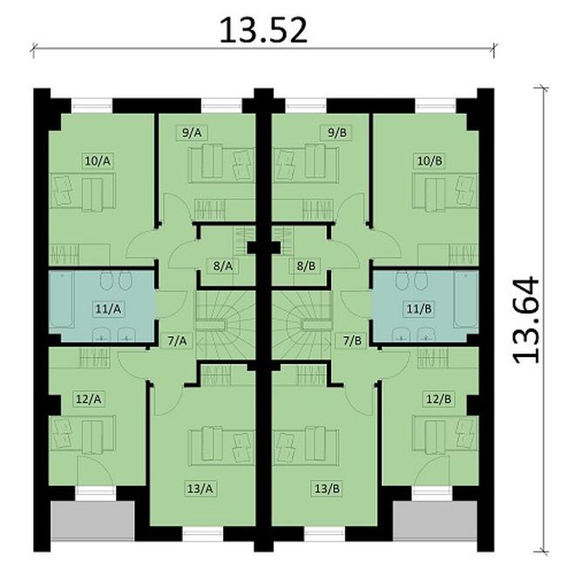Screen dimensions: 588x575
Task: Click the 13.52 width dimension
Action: (x=262, y=30)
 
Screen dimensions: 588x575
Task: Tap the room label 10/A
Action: (x=98, y=161)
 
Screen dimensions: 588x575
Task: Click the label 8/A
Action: (x=224, y=265)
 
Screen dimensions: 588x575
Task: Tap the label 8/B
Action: (x=305, y=265)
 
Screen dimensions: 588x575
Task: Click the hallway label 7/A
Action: (x=176, y=341)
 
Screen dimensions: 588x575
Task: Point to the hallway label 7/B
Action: (x=353, y=341)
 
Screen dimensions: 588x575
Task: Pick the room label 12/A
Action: (x=89, y=400)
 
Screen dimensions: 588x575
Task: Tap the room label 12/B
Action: (x=437, y=400)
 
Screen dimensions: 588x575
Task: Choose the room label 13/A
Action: (x=202, y=488)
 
